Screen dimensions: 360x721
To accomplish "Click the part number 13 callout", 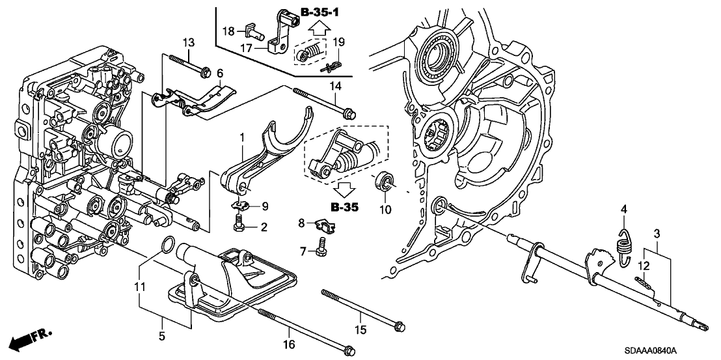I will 188,43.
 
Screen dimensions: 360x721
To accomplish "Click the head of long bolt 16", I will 349,350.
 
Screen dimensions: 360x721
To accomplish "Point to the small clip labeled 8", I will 321,226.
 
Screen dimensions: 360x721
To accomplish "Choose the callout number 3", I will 657,233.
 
